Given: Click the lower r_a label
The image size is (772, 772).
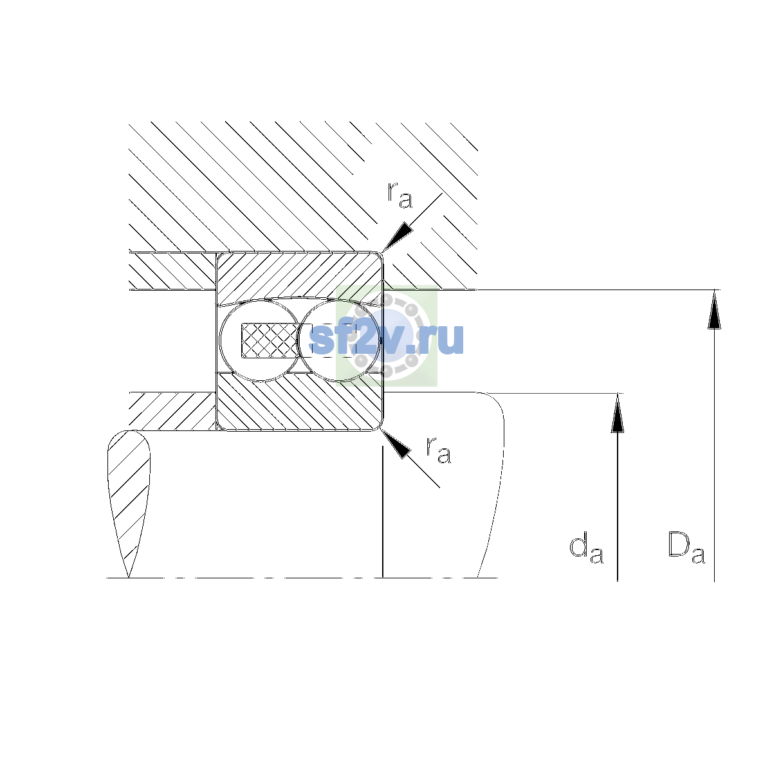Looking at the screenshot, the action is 438,450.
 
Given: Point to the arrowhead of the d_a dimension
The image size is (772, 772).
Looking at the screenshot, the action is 618,413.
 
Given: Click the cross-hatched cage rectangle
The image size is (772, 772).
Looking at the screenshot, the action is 270,340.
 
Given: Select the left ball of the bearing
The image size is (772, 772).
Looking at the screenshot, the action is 260,340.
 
